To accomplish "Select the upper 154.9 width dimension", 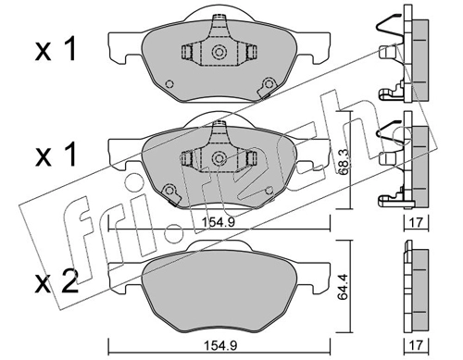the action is [219, 222].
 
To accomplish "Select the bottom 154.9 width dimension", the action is [220, 345].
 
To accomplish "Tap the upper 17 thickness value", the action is [417, 222].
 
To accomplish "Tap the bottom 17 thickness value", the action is [417, 345].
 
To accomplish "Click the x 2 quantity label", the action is [56, 282].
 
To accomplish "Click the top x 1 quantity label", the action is [56, 50].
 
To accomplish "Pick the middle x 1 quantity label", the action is [56, 155].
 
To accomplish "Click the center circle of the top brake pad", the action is [219, 52].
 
